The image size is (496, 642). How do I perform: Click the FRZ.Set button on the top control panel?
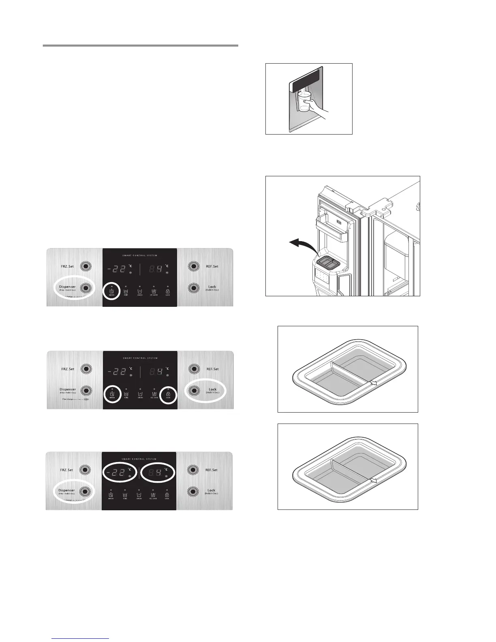pos(86,266)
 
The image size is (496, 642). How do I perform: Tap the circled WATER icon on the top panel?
pos(112,291)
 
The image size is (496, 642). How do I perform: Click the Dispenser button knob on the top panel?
pos(86,287)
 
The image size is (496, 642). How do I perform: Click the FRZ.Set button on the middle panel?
pos(86,369)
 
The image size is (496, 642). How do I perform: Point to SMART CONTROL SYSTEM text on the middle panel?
pos(139,358)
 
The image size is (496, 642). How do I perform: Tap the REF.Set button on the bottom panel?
pos(193,470)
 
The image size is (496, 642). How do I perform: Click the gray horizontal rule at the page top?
pos(141,46)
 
